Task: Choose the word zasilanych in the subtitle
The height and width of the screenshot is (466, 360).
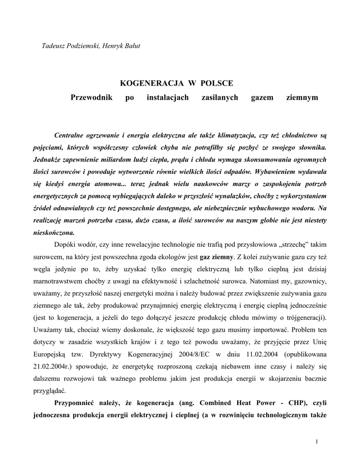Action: (219, 98)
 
